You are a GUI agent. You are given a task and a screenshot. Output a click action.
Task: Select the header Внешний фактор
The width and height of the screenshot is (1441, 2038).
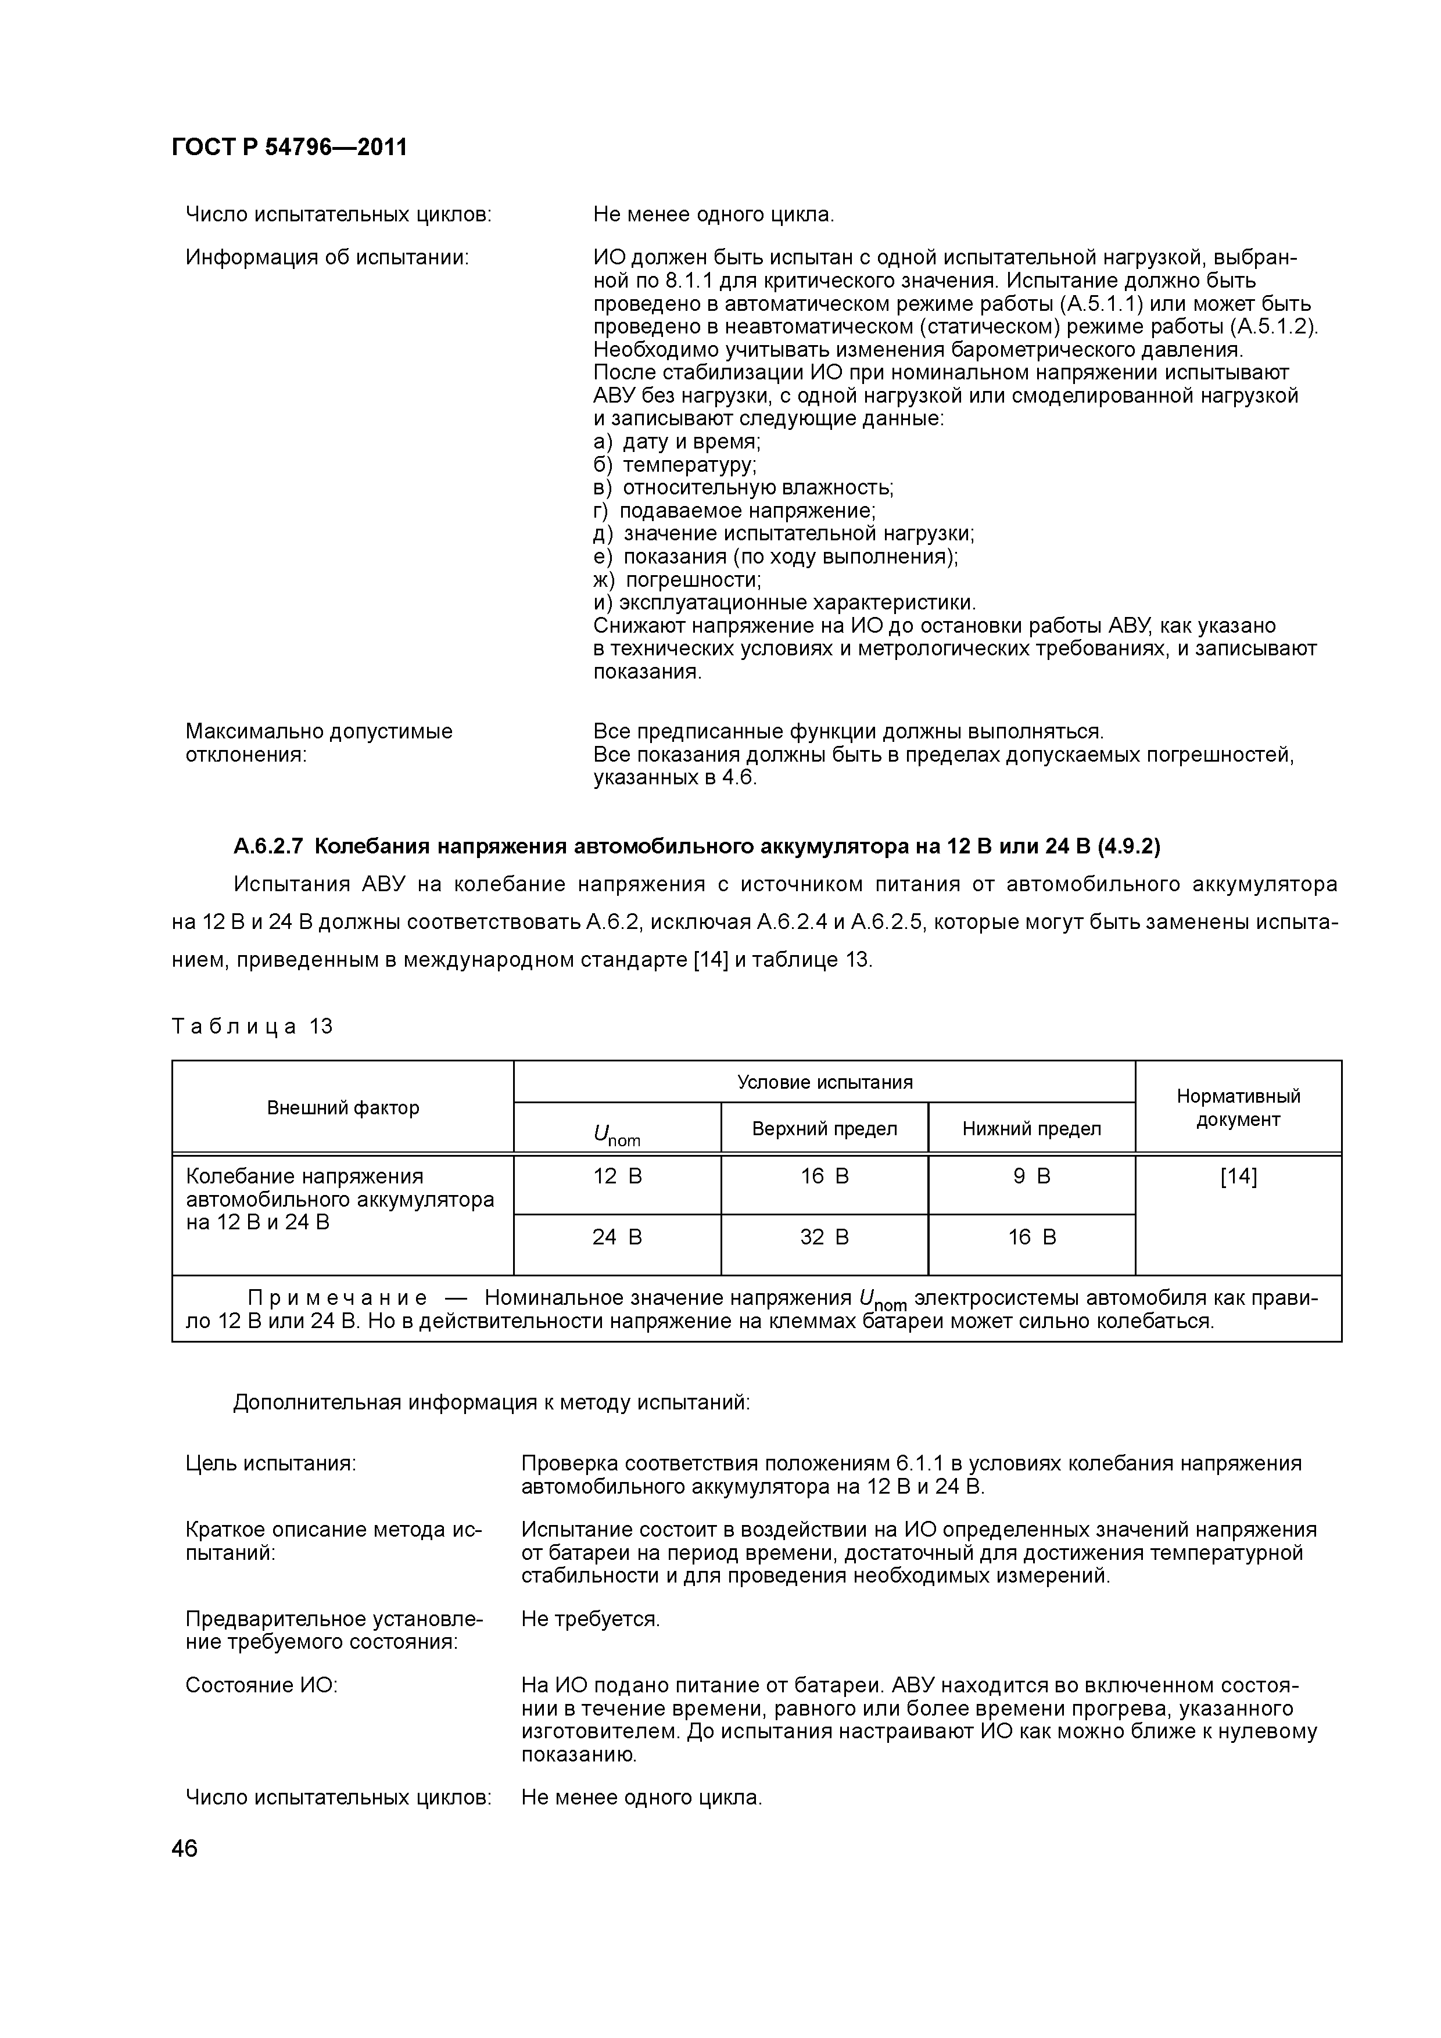343,1108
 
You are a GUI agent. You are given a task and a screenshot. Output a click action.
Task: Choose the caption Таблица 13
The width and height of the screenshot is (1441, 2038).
252,1027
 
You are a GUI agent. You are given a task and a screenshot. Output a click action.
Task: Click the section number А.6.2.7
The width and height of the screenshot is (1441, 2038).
268,847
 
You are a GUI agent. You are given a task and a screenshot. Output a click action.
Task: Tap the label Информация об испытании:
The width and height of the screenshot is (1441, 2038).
327,257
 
